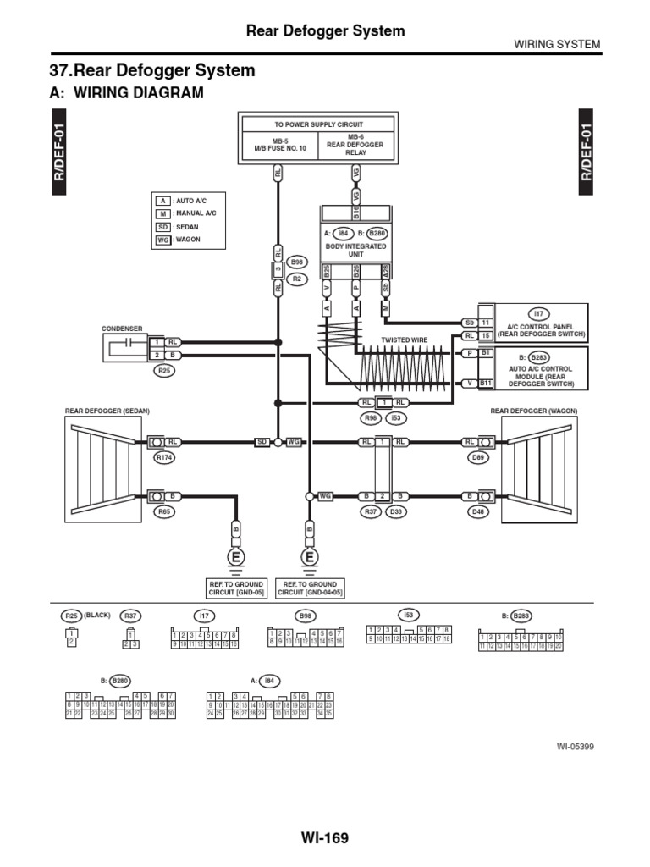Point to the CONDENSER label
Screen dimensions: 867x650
122,328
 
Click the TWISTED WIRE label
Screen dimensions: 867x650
404,339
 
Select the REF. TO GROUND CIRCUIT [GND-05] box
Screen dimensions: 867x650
236,588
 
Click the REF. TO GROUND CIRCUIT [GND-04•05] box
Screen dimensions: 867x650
310,588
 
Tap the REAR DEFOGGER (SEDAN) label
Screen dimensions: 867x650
107,411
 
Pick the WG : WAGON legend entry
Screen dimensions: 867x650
189,240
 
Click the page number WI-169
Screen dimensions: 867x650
324,838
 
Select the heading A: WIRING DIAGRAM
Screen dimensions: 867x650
127,92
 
